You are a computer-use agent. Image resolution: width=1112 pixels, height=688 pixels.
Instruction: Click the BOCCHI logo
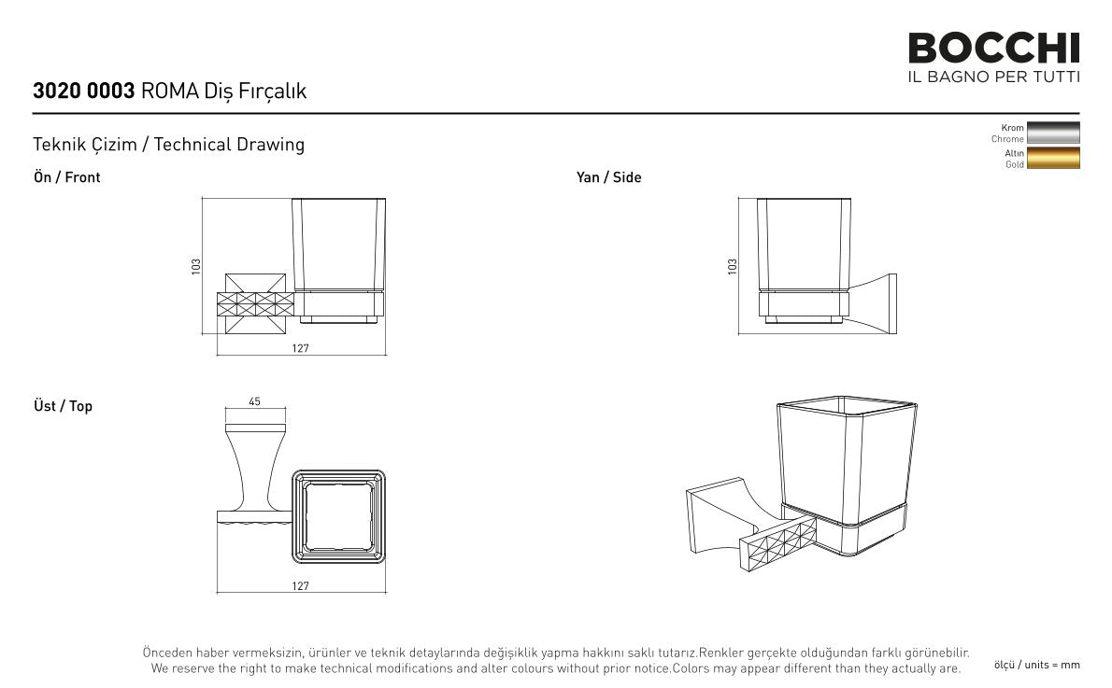coord(993,49)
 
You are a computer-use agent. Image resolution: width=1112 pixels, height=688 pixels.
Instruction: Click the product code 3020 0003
coord(84,91)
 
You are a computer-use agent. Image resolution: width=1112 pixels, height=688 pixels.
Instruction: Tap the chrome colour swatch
coord(1053,133)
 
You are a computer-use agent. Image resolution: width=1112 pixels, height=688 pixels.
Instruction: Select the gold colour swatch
coord(1053,158)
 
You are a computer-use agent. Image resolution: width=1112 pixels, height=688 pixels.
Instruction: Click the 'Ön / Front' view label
coord(66,177)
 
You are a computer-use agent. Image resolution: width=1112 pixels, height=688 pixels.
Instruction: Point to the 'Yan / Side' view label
coord(608,177)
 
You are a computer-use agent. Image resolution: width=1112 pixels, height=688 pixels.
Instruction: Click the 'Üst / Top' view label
coord(64,406)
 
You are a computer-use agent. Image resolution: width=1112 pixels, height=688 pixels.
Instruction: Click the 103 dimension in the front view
coord(195,266)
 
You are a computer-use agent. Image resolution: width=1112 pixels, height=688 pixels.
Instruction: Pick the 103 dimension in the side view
coord(732,266)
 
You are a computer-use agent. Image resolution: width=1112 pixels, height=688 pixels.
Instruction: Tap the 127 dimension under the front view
coord(300,348)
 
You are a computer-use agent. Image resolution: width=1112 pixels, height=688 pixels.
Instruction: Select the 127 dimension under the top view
coord(300,586)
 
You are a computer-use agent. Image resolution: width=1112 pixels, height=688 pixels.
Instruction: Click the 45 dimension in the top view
coord(254,401)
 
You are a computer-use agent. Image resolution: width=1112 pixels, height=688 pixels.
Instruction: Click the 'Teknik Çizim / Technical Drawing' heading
coord(169,145)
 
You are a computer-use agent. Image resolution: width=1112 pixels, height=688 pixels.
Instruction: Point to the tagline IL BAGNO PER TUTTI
coord(993,77)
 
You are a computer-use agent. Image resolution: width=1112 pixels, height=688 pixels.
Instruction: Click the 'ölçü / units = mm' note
coord(1037,665)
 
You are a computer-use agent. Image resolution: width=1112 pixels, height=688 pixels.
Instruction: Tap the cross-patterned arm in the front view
coord(255,304)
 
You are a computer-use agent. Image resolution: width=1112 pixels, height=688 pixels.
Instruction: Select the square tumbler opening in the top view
coord(339,516)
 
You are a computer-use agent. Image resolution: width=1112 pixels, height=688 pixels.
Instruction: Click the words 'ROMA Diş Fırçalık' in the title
coord(224,91)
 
